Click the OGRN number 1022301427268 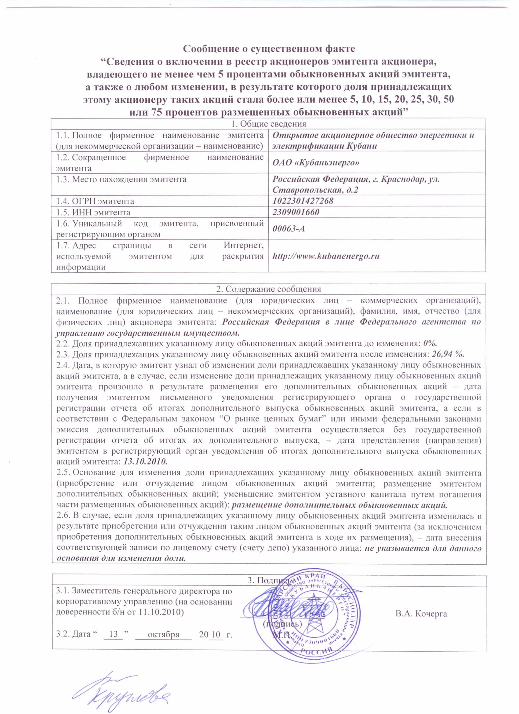point(303,201)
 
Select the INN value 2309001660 point(296,212)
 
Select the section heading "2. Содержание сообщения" point(268,289)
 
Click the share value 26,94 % point(448,354)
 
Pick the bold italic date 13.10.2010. point(145,462)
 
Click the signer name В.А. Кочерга point(421,614)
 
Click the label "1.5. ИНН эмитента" point(93,212)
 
